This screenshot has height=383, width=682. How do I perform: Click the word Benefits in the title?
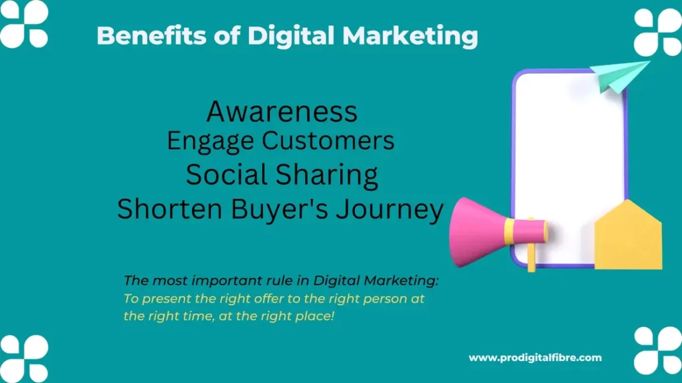tap(151, 35)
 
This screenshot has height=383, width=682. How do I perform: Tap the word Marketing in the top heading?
tap(410, 36)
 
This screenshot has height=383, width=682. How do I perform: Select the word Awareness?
tap(282, 112)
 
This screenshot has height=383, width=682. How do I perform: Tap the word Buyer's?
tap(279, 209)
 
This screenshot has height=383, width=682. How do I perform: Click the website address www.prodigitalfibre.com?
tap(535, 358)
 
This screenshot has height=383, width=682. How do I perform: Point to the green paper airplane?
tap(620, 74)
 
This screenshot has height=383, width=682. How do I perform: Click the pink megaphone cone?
tap(478, 231)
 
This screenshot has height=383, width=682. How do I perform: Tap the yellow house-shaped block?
tap(628, 236)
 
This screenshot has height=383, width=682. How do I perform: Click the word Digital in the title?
tap(291, 36)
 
